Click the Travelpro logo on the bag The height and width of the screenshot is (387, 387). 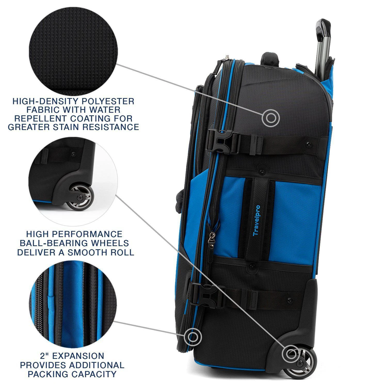(x=257, y=220)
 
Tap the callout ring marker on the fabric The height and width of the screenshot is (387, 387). (x=271, y=118)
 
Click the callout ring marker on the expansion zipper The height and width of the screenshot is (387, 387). (x=192, y=336)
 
